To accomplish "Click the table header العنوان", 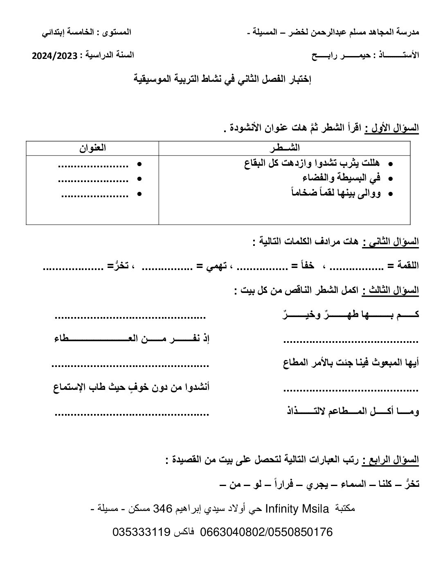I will point(92,148).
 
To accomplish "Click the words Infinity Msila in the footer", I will point(297,509).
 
